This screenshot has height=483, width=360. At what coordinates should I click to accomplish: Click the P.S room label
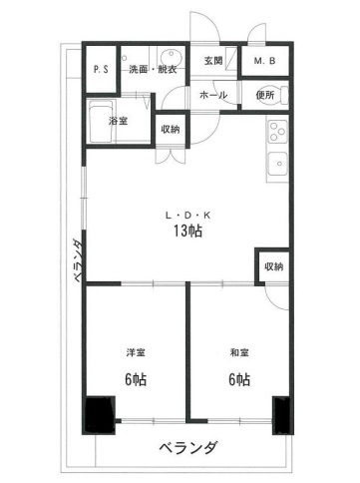tap(101, 70)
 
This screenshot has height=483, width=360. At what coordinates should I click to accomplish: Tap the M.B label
tap(264, 61)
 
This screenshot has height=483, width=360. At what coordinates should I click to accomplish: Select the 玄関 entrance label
tap(213, 61)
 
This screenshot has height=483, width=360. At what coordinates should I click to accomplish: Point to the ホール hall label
tap(213, 95)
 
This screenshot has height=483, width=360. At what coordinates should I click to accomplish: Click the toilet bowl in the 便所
tap(283, 95)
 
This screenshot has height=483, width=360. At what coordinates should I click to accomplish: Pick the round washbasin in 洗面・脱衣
tap(171, 57)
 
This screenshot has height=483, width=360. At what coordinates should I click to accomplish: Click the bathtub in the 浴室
tap(101, 122)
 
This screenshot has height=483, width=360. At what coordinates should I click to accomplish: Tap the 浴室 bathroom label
tap(118, 121)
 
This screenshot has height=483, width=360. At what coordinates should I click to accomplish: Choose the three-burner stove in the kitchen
tap(277, 131)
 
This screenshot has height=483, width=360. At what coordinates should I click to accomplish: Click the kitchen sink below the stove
tap(277, 164)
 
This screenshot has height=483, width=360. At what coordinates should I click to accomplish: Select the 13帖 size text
tap(187, 231)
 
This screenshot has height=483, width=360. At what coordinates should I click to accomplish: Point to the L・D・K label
tap(187, 216)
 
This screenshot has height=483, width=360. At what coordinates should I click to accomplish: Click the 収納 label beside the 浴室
tap(171, 130)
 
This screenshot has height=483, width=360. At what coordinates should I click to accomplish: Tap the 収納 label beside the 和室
tap(274, 266)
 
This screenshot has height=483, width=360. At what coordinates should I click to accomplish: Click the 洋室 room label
tap(136, 352)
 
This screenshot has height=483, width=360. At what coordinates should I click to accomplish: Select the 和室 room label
tap(239, 352)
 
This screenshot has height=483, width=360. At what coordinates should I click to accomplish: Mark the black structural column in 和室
tap(281, 415)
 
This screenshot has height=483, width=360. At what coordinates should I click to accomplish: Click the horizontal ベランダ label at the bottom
tap(188, 448)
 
